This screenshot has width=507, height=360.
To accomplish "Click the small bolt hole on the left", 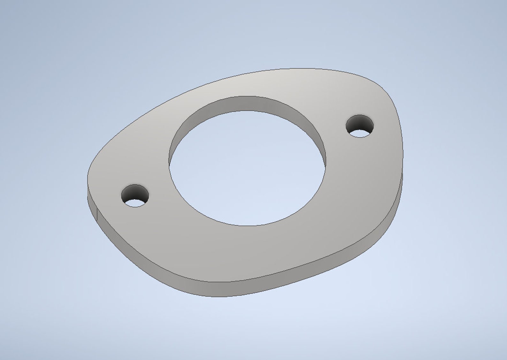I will coord(135,195).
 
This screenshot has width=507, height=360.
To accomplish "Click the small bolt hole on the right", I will coord(360,126).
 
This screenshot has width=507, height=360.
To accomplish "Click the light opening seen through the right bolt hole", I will coord(360,133).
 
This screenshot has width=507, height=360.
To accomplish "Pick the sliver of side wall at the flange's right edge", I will coord(400,192).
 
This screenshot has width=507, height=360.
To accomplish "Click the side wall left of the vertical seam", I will coord(92,201).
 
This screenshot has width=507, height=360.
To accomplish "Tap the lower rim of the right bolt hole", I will coord(360,137).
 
